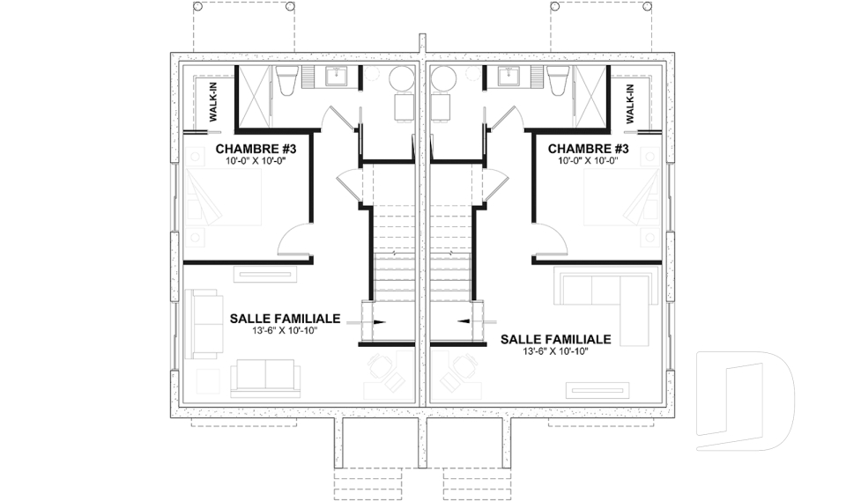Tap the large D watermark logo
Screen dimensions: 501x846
click(745, 401)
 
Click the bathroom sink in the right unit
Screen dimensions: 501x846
click(508, 77)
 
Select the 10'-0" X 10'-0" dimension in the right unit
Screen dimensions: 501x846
click(588, 162)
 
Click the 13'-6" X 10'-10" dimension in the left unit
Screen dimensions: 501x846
click(273, 330)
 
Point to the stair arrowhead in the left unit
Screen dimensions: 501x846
click(378, 322)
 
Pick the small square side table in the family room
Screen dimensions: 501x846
click(207, 380)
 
